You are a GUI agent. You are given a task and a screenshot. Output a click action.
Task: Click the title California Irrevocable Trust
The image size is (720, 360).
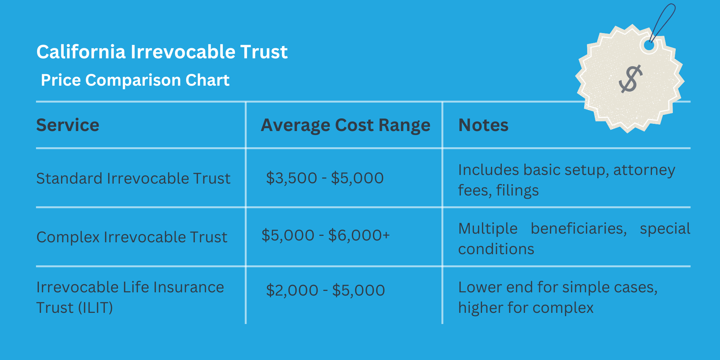pos(162,52)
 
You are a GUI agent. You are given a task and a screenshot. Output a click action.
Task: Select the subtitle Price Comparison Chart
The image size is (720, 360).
pos(135,80)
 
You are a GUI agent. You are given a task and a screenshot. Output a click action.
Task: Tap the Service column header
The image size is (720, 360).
pos(68,125)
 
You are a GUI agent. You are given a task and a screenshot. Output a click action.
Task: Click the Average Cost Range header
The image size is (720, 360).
pos(345,125)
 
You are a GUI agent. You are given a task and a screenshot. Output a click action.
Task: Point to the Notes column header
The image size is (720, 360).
pos(483,125)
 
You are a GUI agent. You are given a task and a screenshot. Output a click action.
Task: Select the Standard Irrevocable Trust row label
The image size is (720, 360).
pos(133,179)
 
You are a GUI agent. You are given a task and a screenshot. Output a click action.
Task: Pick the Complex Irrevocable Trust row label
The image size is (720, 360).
pos(132,237)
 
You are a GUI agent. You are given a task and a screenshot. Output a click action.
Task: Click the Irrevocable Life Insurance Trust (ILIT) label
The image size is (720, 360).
pos(130,297)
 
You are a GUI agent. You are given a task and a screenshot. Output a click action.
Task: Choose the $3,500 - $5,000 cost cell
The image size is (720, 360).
pos(325,178)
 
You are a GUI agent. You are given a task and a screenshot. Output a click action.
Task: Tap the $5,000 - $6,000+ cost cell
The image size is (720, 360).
pos(325,235)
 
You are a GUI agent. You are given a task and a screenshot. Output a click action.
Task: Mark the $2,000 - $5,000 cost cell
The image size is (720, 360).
pos(325,291)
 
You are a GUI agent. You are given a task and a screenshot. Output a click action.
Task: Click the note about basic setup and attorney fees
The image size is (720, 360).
pos(566,180)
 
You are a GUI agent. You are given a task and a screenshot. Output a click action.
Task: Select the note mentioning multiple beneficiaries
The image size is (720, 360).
pos(574,238)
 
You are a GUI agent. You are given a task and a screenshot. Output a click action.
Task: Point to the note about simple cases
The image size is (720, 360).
pos(558,297)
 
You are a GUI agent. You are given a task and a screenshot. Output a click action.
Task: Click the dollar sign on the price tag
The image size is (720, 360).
pos(630,79)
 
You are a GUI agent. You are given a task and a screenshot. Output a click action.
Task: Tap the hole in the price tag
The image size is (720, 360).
pos(649,46)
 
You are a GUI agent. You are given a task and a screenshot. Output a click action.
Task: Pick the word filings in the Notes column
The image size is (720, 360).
pos(517,190)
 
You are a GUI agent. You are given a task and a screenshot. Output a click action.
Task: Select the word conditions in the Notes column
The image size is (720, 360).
pos(496,249)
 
